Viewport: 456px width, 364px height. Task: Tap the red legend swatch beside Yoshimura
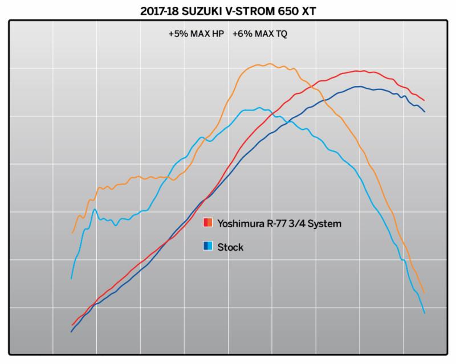coord(206,223)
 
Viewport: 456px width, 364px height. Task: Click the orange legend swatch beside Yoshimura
coord(211,223)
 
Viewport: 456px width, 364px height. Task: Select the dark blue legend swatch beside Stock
coord(206,247)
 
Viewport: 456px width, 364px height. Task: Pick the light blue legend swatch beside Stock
coord(211,247)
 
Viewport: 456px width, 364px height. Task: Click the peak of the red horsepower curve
coord(358,71)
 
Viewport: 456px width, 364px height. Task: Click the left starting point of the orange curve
coord(72,233)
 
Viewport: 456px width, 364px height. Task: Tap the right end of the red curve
coord(424,100)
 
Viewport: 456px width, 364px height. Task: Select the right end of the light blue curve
coord(425,313)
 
